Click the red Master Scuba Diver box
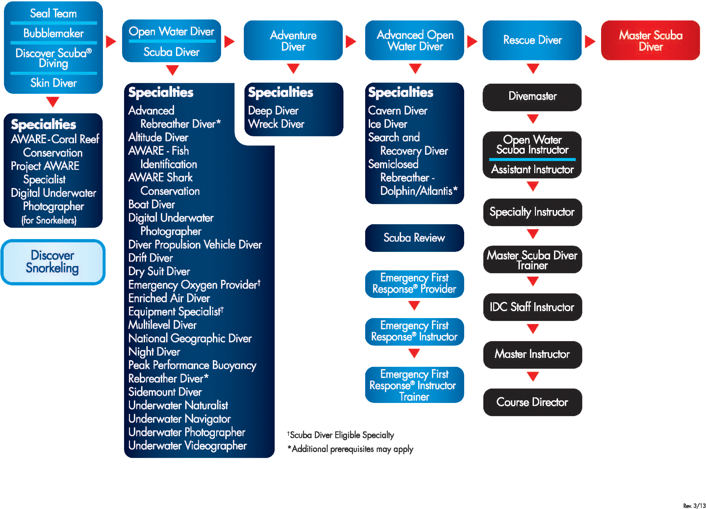point(650,40)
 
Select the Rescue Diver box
point(532,40)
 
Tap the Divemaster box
point(532,96)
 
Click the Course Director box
point(532,402)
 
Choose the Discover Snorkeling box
point(53,262)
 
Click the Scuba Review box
point(414,238)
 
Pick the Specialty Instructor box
point(532,212)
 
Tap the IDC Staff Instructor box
point(532,307)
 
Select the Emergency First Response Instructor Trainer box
point(414,385)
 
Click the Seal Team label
point(53,13)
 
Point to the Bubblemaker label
point(53,33)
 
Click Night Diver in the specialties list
point(154,352)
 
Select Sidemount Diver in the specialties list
point(165,392)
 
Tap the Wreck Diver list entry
point(276,124)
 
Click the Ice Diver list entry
point(388,124)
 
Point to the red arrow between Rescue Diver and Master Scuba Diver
point(590,41)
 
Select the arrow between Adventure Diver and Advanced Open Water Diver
point(351,41)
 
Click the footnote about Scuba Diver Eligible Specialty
point(341,435)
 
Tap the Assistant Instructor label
point(532,169)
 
